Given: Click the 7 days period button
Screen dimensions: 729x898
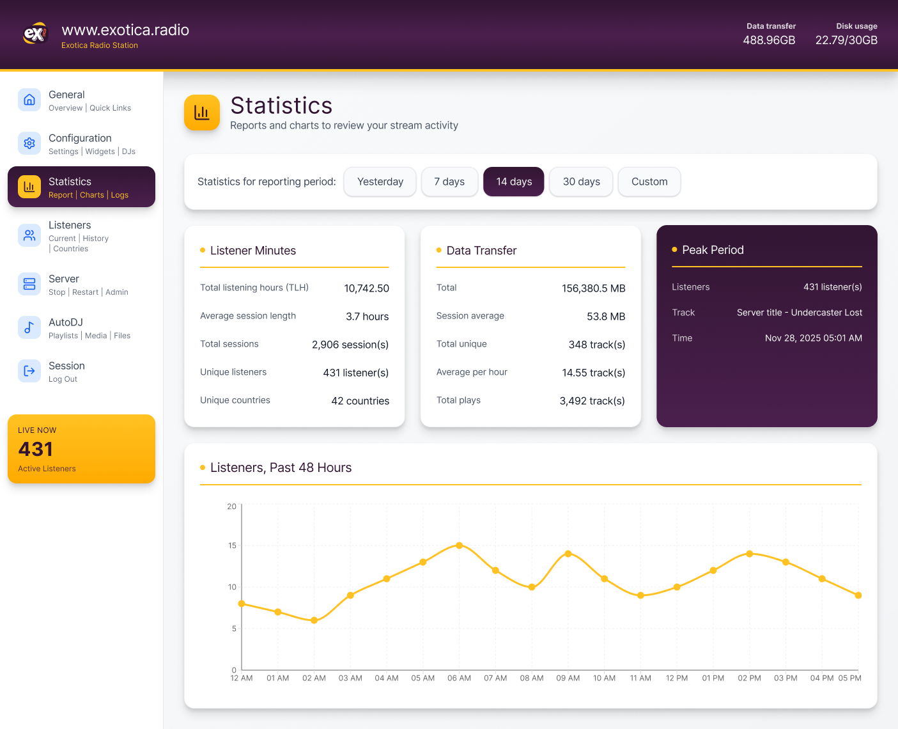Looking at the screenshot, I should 449,182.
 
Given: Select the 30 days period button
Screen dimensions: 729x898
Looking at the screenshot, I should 581,182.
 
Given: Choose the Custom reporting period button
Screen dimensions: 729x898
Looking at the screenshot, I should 649,182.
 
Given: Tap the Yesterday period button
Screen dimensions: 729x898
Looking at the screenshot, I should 380,182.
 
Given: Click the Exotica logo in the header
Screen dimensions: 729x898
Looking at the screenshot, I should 35,33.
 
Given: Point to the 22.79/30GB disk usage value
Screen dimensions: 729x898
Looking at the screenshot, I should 846,40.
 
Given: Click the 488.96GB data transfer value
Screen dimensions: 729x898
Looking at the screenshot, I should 769,40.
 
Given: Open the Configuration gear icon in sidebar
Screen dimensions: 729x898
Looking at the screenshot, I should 29,143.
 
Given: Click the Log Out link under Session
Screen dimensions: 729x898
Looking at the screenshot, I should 63,379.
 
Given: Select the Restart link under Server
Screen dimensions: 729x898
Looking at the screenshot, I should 85,292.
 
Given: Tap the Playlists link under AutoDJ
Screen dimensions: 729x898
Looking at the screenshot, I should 63,336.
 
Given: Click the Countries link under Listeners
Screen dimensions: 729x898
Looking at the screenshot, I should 70,249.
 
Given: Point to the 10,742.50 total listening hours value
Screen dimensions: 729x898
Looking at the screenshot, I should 366,288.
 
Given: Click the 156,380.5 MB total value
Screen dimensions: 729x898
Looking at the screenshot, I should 593,288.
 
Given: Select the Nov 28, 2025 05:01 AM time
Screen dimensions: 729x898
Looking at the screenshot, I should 813,338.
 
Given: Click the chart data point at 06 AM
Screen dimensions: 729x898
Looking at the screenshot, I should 459,545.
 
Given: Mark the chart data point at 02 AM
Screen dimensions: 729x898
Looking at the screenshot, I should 314,620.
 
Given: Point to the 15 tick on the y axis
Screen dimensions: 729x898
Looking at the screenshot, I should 232,545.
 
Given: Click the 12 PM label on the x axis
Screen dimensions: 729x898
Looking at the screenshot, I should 677,678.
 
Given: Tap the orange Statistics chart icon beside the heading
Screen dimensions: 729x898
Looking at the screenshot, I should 202,113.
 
